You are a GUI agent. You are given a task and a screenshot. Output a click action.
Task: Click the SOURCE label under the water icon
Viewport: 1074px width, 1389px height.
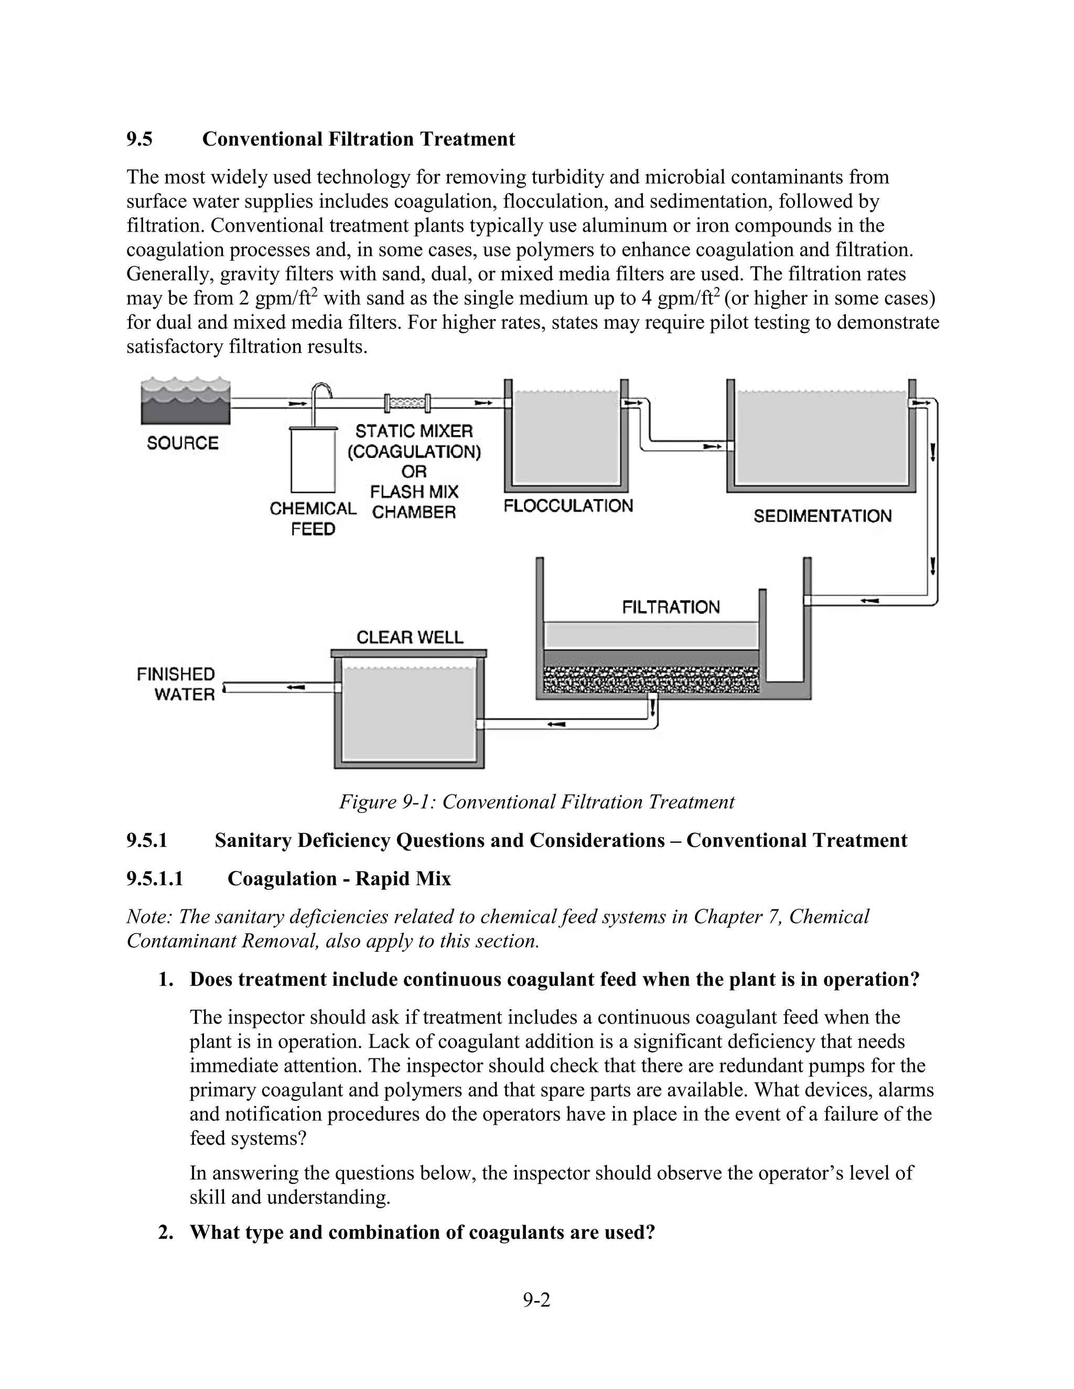(182, 443)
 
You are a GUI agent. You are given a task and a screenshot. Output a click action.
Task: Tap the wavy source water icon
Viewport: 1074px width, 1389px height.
(185, 400)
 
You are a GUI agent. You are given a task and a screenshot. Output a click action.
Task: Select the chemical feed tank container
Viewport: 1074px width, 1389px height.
(313, 459)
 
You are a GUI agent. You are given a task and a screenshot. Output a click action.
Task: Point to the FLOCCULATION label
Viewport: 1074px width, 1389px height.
(568, 506)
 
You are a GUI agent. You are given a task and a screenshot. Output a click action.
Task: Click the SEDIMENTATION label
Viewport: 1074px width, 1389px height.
(823, 516)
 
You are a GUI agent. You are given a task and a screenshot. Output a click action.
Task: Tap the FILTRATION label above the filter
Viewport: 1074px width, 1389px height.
(671, 607)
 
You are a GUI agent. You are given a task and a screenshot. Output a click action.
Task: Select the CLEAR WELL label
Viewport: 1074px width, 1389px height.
(410, 637)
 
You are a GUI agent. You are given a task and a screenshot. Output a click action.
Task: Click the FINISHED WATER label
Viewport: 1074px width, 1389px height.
(176, 685)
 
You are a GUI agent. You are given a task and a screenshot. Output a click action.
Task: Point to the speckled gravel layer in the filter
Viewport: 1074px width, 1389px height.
(651, 680)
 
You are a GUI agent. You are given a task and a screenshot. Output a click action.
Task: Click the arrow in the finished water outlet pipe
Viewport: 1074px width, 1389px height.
(295, 687)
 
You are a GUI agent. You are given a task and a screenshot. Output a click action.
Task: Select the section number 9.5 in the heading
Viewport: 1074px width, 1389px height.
(139, 139)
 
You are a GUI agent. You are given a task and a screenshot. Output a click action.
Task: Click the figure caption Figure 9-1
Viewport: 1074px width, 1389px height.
(536, 802)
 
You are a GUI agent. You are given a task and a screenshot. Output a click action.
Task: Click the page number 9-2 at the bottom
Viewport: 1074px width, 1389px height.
(536, 1300)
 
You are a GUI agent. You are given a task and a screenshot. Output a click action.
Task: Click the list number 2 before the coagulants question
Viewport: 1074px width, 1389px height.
(165, 1232)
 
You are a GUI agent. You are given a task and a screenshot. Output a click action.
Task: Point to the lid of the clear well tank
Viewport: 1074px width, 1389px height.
(409, 653)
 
